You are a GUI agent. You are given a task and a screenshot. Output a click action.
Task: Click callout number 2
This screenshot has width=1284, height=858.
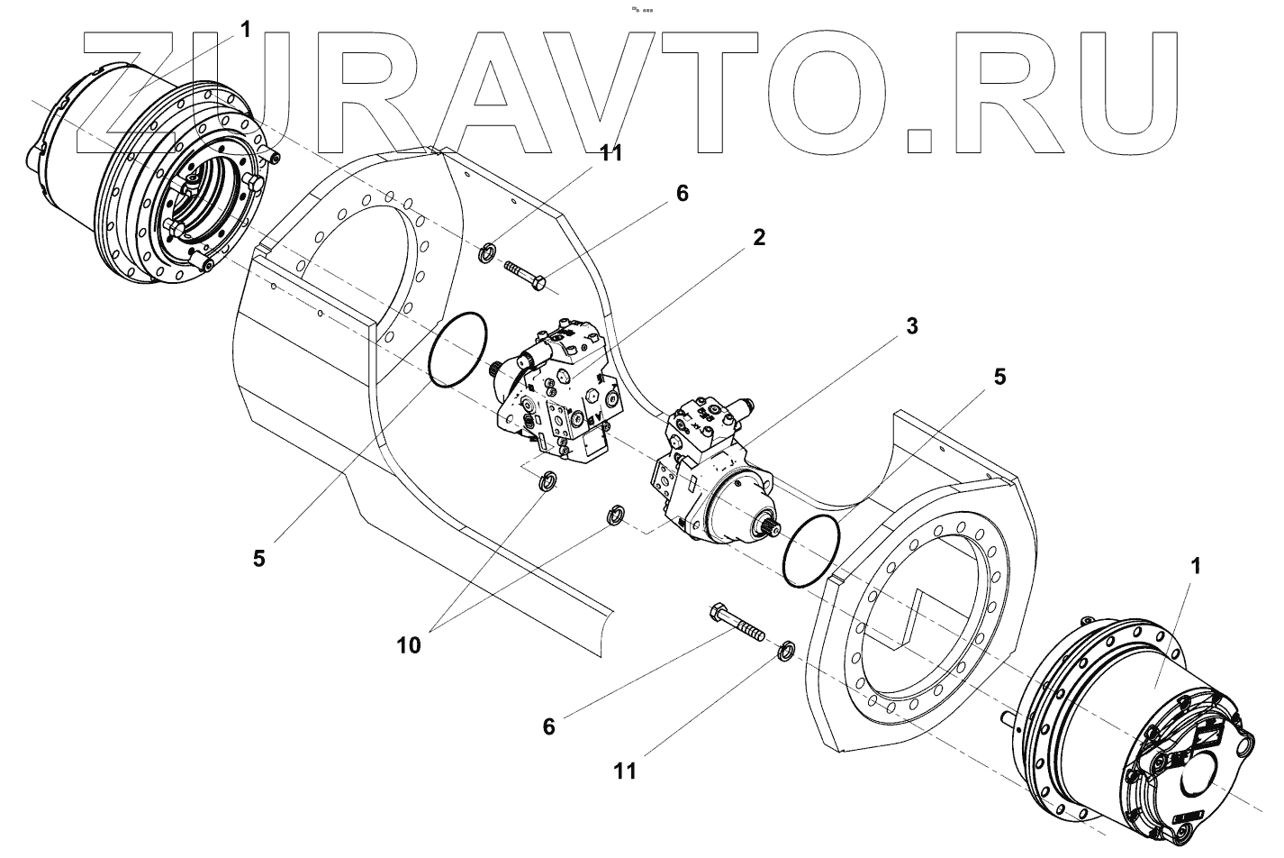pos(759,238)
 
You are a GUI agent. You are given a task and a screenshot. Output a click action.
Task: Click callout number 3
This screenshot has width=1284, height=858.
pos(912,327)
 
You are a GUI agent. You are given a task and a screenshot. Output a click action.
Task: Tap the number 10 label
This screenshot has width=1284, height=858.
pos(409,644)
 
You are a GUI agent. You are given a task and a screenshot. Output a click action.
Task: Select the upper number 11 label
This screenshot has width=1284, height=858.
pos(611,153)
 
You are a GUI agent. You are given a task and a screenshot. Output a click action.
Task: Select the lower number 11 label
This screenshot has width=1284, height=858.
pos(625,771)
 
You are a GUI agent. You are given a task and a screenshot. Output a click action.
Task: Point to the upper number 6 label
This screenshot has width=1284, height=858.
pos(682,194)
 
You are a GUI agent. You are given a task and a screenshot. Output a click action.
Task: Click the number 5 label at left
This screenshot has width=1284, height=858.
pos(259,559)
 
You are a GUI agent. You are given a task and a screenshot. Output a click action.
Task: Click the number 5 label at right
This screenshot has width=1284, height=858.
pos(999,377)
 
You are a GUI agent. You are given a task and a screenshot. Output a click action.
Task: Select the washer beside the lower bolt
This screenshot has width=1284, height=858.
pos(784,649)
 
